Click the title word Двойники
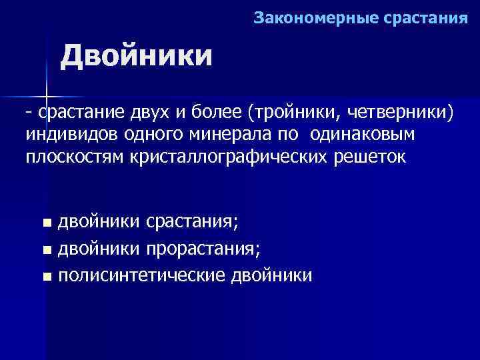137,56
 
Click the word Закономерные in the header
315,18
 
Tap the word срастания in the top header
427,18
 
